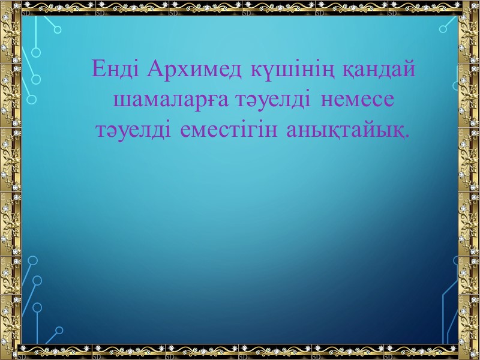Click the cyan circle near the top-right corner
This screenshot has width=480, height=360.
click(443, 28)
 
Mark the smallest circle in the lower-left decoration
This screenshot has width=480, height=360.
click(59, 329)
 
